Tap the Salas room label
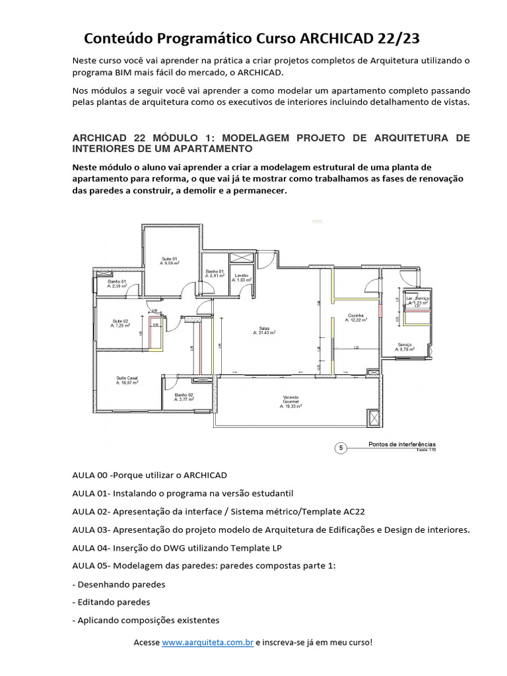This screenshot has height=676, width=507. (264, 330)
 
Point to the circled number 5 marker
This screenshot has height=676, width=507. (341, 448)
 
